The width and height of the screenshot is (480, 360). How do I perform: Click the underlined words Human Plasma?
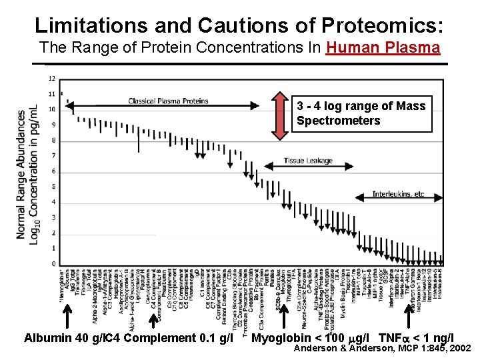coord(383,48)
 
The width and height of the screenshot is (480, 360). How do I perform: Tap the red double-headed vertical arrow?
coord(281,117)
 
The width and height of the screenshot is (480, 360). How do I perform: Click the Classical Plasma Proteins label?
coord(168,101)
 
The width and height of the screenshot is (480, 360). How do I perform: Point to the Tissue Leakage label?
coord(307,161)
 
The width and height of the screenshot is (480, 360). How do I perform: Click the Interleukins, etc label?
coord(397,194)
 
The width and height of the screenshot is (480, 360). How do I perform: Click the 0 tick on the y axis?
coord(53,264)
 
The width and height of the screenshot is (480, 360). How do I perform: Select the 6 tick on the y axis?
coord(53,171)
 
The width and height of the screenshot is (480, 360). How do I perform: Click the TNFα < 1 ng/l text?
coord(416,338)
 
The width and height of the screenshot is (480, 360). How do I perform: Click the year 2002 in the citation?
coord(459,348)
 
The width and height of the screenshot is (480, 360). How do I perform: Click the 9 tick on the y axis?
coord(53,125)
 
